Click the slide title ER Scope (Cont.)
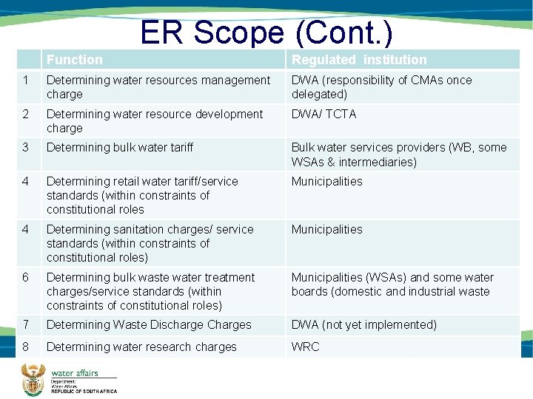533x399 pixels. [x=266, y=32]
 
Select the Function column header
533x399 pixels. [x=74, y=60]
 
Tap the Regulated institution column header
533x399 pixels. [x=359, y=60]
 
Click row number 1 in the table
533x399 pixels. [x=25, y=80]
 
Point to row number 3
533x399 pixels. [x=25, y=148]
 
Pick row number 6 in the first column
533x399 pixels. [x=25, y=277]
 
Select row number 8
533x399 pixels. [x=25, y=347]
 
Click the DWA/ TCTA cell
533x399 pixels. [x=324, y=114]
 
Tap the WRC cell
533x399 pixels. [x=305, y=347]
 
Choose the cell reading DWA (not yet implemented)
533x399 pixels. [x=363, y=325]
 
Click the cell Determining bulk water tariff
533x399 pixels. [x=119, y=148]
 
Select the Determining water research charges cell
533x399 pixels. [x=141, y=347]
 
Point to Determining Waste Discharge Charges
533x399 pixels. [x=149, y=325]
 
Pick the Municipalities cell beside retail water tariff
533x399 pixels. [x=326, y=181]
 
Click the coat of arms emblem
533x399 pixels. [x=32, y=378]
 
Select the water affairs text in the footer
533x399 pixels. [x=74, y=373]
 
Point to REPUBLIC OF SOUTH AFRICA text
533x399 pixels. [x=83, y=391]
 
